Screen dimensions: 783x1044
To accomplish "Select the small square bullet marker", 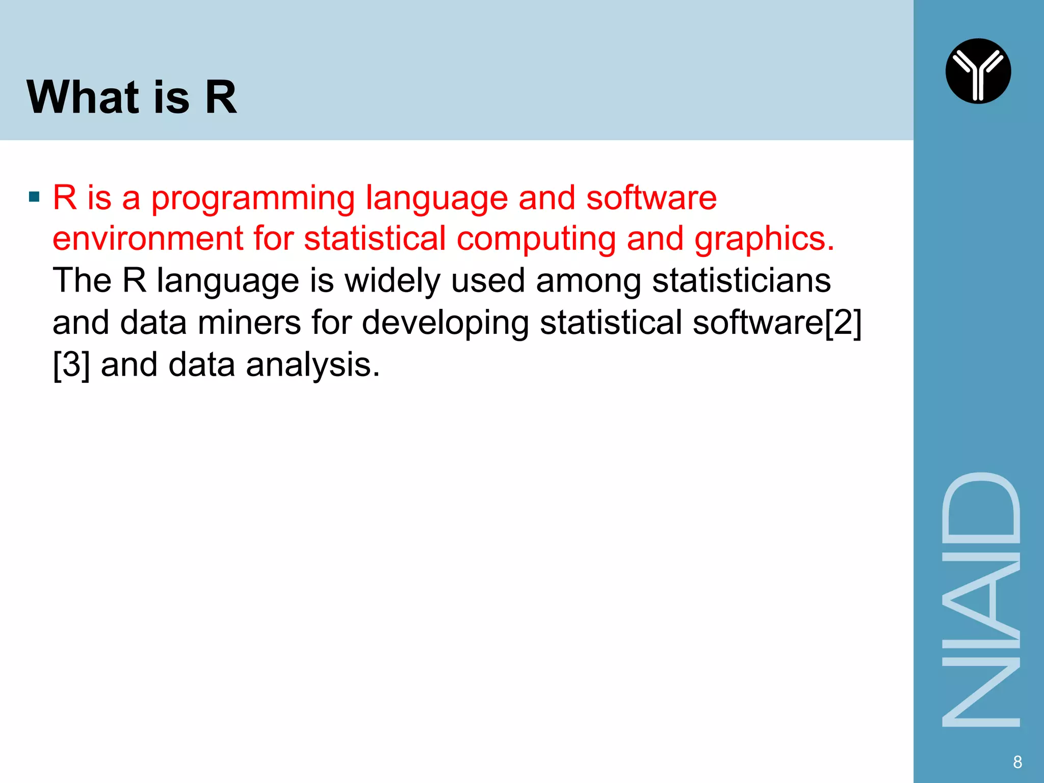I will pos(34,197).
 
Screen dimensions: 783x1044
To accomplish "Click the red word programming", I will pos(253,199).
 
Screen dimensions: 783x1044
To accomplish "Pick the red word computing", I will pos(536,240).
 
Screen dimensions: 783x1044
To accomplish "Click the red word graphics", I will pos(764,240).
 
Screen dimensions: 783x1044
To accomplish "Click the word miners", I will pos(249,323).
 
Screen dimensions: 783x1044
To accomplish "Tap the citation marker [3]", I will pos(71,365).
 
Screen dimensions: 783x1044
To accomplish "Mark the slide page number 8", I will pos(1017,762).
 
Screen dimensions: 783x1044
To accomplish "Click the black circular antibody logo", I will pos(978,71).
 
